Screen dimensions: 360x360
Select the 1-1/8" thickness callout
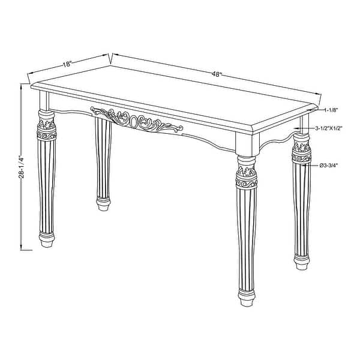click(x=332, y=110)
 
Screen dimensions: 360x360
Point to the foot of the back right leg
click(x=302, y=260)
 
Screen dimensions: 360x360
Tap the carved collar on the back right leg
click(x=302, y=152)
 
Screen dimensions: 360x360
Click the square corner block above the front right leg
click(x=246, y=144)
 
